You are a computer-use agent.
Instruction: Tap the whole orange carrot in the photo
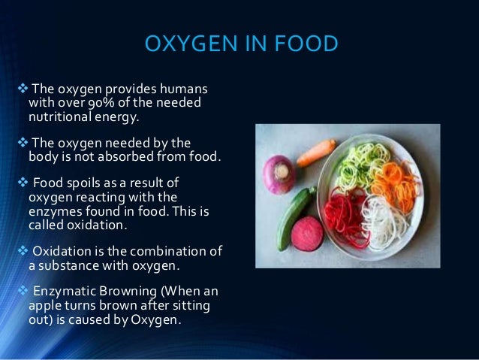(x=317, y=152)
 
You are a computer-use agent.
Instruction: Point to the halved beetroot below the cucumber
(x=307, y=234)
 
